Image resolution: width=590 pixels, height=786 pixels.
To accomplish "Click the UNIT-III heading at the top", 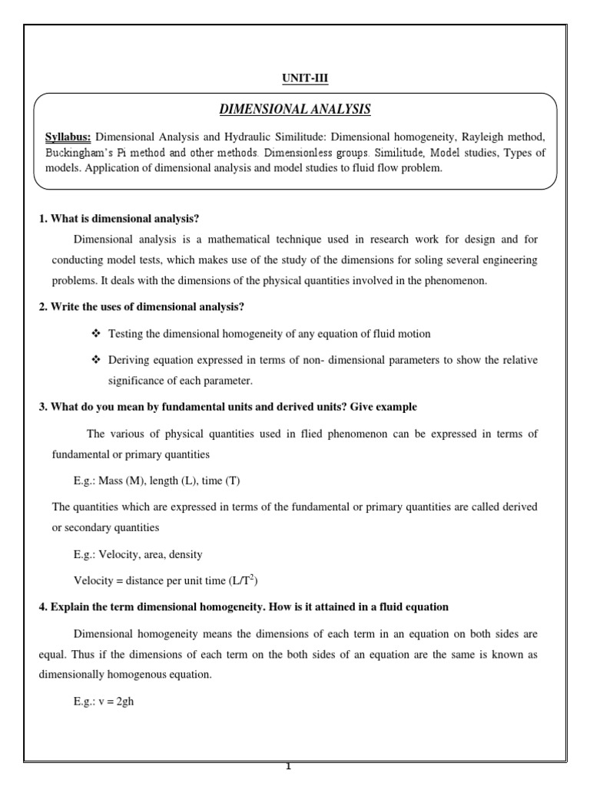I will (x=295, y=78).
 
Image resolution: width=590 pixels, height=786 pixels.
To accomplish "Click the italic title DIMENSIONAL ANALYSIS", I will (x=295, y=110).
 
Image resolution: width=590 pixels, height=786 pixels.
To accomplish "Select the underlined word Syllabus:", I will (x=68, y=137).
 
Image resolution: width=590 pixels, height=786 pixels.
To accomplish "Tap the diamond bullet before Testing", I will (x=96, y=334).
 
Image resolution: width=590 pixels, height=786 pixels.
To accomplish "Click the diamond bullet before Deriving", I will (x=96, y=360).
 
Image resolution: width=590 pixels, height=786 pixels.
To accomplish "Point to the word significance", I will (x=139, y=381).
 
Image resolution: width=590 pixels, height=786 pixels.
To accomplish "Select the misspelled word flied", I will (x=317, y=434).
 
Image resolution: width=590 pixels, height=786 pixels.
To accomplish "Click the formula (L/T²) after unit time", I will (x=250, y=580).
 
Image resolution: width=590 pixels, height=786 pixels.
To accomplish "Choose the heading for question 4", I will (x=244, y=606).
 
